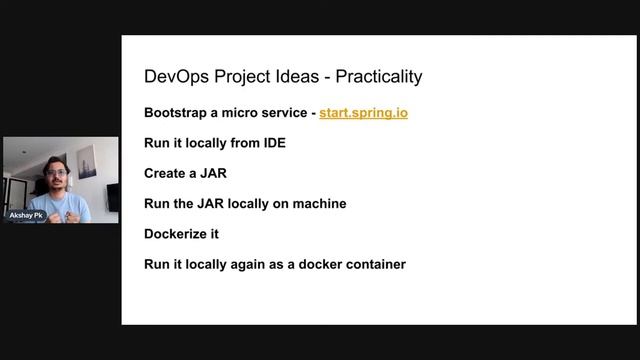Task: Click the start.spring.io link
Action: pyautogui.click(x=363, y=113)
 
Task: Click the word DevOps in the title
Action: pyautogui.click(x=172, y=76)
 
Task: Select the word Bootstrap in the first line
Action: pyautogui.click(x=175, y=113)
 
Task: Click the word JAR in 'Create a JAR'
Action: pyautogui.click(x=213, y=173)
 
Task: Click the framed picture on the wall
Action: pyautogui.click(x=87, y=160)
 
